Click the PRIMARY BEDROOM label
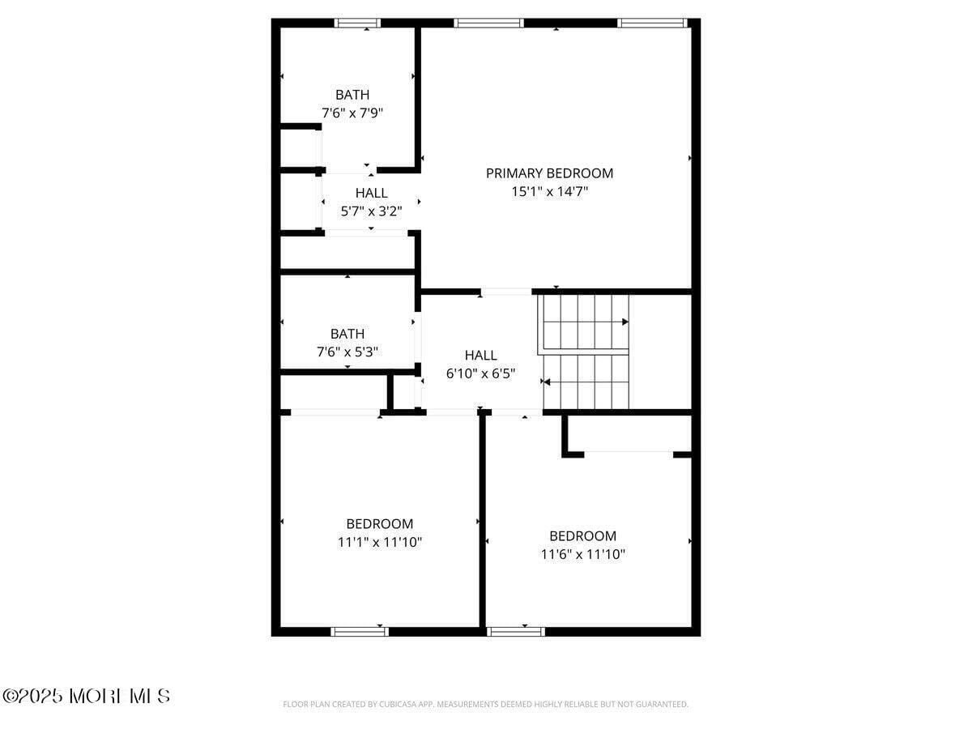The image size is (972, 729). pos(549,173)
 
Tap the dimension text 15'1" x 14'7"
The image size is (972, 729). pos(549,192)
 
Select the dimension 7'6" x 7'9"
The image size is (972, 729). pos(352,113)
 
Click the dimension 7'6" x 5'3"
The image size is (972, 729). pos(347,352)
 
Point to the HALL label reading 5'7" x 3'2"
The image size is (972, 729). pos(371,193)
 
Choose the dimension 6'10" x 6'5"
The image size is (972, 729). pos(481,374)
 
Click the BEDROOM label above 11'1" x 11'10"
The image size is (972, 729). pos(380,524)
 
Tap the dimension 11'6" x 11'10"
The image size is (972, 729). pos(582,555)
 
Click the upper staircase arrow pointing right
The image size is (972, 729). pos(625,322)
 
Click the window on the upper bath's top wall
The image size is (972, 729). pos(358,23)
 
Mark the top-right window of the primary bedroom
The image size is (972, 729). pos(653,23)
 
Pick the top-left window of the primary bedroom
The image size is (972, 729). pos(488,23)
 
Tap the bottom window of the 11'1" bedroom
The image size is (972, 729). pos(360,631)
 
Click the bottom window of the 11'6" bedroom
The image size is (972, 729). pos(516,631)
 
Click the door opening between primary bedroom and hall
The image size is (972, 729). pos(506,292)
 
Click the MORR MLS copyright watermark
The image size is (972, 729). pos(87,696)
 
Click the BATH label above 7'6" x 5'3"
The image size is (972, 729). pos(347,334)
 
